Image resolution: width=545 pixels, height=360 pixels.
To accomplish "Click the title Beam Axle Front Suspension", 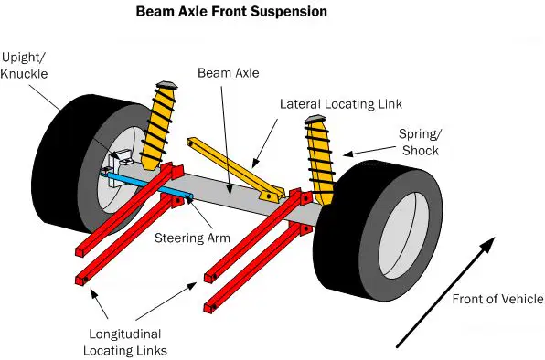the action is tap(231, 12).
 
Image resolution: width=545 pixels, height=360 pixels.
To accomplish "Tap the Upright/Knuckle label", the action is tap(24, 66).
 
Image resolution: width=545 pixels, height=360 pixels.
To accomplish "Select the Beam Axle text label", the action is tap(229, 73).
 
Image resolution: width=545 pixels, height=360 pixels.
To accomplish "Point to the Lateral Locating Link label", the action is tap(341, 104).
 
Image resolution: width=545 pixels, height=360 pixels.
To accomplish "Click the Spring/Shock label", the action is tap(421, 143).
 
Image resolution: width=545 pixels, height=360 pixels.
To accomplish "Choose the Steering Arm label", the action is tap(192, 238).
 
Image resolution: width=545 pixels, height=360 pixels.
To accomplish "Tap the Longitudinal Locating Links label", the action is tap(125, 343).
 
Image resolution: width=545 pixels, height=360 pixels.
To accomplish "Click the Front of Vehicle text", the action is tap(497, 299).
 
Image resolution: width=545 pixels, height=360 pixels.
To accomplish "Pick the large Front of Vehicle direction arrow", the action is tap(445, 292).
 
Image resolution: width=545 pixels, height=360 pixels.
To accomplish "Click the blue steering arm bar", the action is tap(149, 185).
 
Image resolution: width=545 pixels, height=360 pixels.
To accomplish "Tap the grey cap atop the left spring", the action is tap(167, 85).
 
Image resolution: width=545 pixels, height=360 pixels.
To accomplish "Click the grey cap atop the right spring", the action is tap(315, 119).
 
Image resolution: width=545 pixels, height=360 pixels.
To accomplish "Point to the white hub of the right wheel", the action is tap(404, 236).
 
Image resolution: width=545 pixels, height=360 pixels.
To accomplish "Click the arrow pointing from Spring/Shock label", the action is tap(369, 151).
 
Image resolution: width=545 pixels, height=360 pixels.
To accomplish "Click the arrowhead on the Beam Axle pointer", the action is tap(229, 189).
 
